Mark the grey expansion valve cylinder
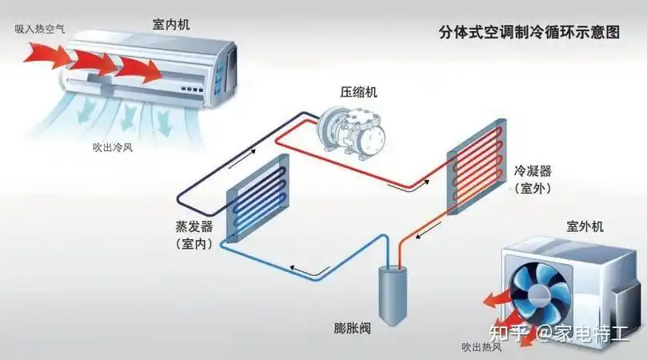(393, 294)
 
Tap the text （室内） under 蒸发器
(192, 244)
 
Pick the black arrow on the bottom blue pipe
(300, 266)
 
